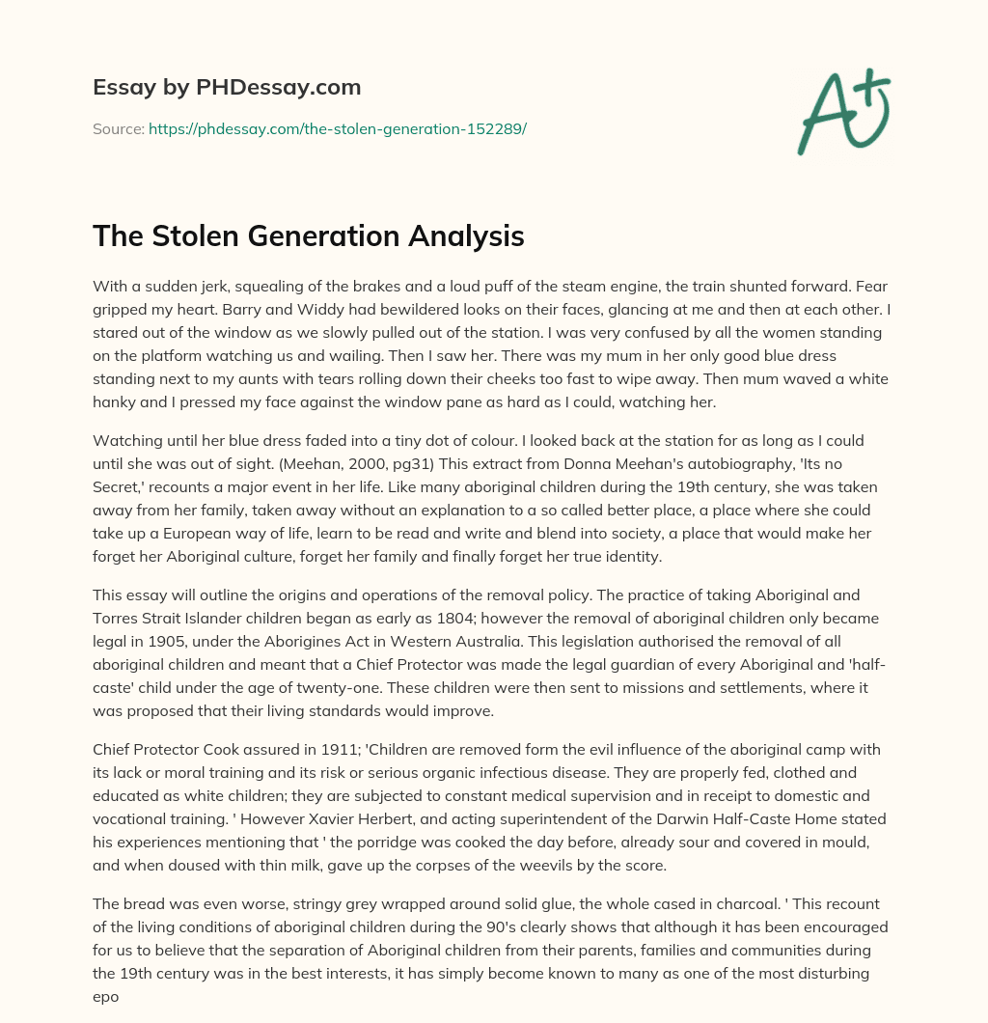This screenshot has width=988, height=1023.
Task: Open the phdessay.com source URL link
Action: coord(337,128)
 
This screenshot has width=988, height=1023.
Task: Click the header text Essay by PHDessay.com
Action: coord(227,88)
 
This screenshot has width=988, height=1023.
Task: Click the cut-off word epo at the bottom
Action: coord(105,996)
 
